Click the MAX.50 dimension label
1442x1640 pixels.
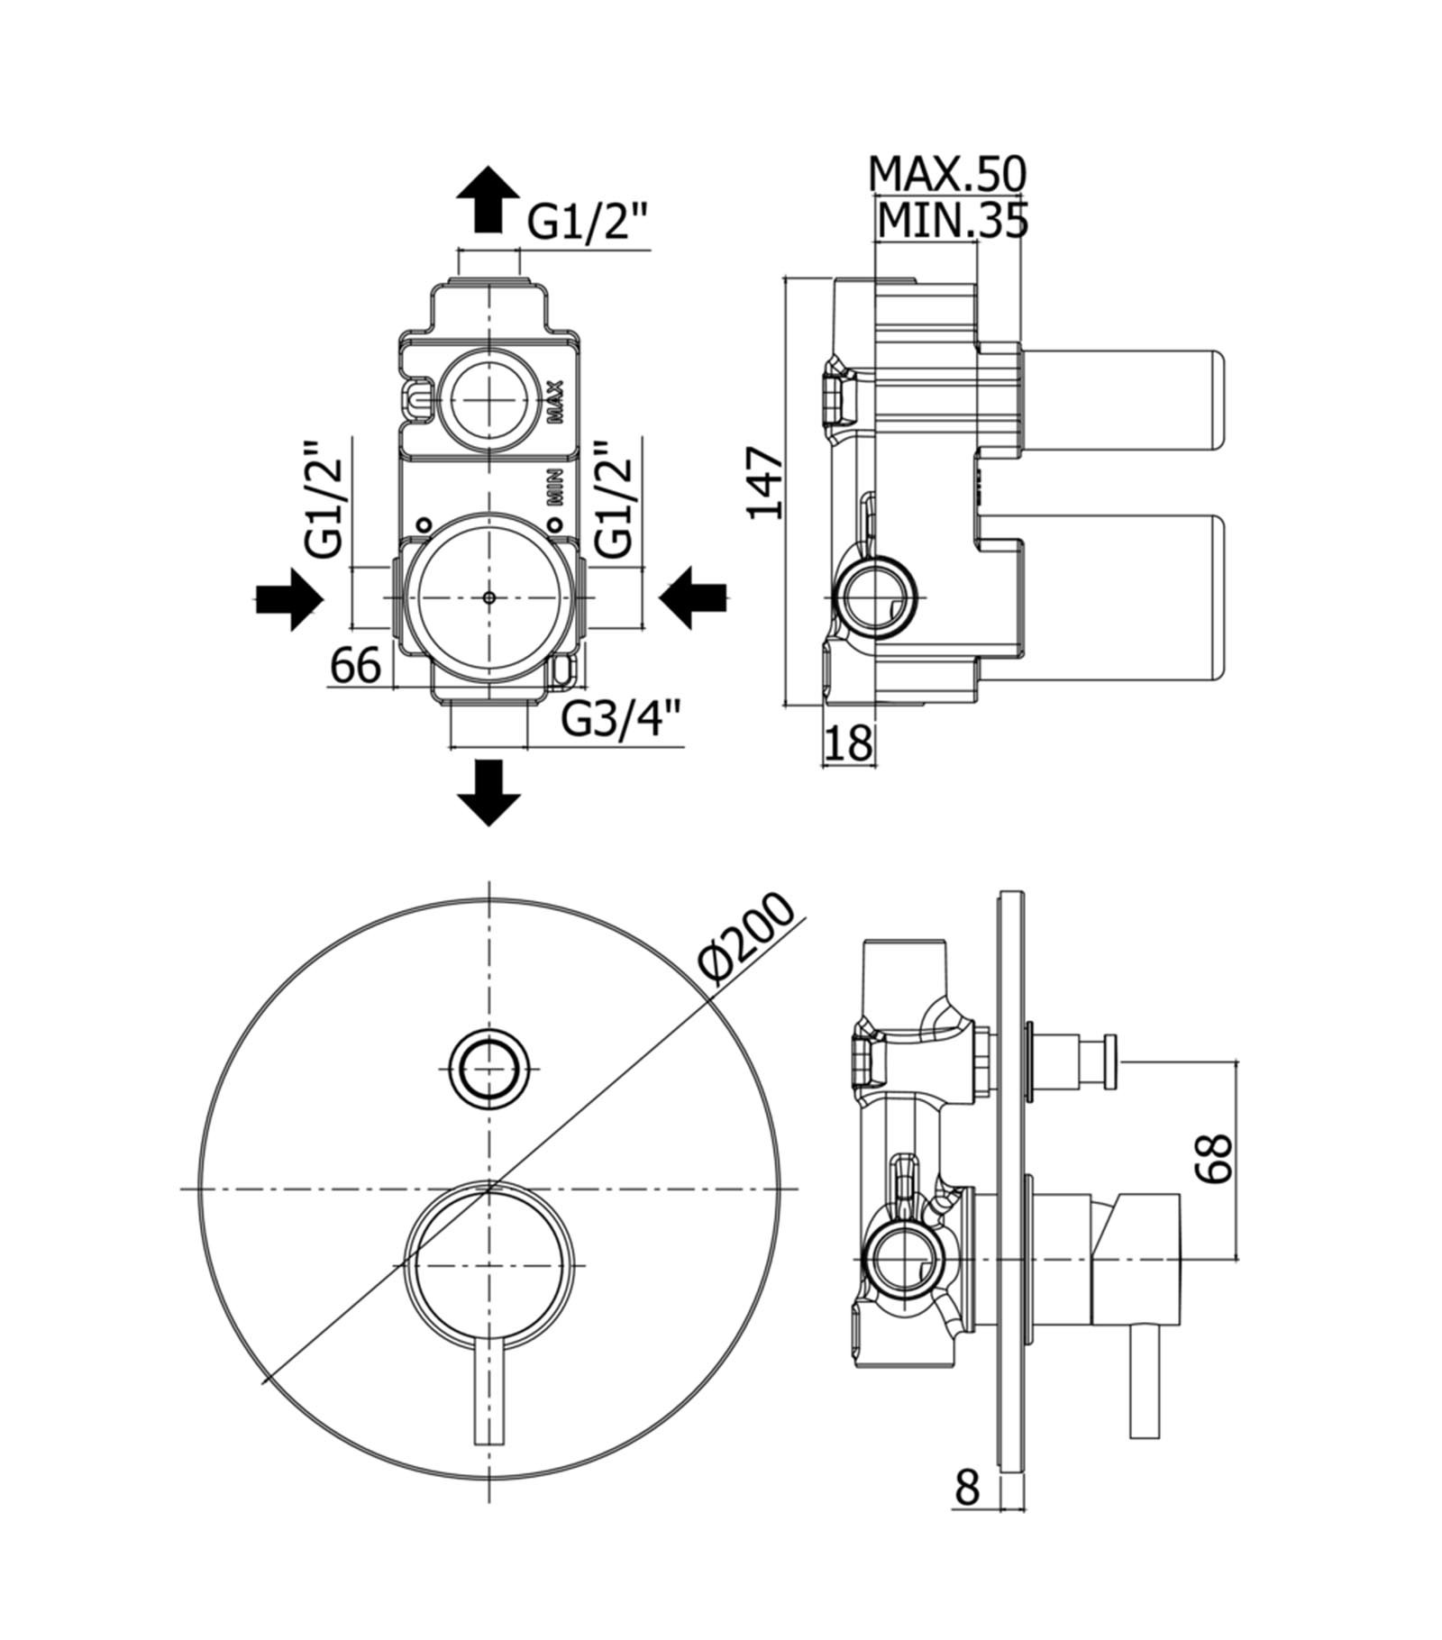coord(947,173)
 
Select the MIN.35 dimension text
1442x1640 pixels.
coord(953,221)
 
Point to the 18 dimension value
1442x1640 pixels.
coord(848,742)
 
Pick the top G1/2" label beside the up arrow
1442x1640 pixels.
coord(587,222)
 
